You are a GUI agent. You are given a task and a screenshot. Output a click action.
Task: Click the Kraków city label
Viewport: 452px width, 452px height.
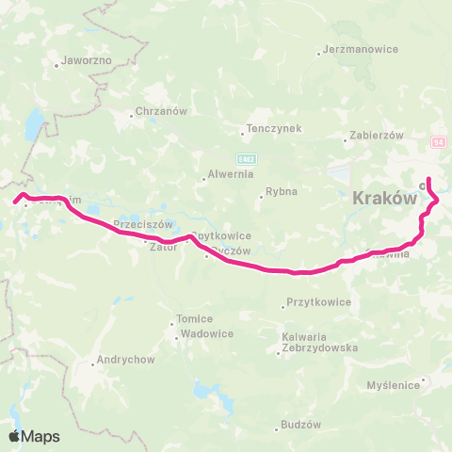[x=383, y=200]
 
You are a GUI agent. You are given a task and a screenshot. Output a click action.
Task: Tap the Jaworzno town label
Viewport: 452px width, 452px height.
[x=86, y=59]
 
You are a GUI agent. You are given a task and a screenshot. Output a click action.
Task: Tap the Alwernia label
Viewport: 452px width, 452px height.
[x=227, y=174]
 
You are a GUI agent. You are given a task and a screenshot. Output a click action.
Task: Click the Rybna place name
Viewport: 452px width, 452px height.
[x=281, y=191]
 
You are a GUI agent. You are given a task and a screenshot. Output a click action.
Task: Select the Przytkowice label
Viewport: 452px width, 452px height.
[x=316, y=302]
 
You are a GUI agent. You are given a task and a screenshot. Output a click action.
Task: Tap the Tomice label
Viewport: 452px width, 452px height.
[x=195, y=318]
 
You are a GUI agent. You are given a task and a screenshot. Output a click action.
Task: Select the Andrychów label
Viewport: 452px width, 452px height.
[x=124, y=360]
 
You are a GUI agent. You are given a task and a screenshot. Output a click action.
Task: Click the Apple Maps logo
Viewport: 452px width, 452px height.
[x=34, y=436]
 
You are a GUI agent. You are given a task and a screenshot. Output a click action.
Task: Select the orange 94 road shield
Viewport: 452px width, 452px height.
[x=439, y=141]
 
